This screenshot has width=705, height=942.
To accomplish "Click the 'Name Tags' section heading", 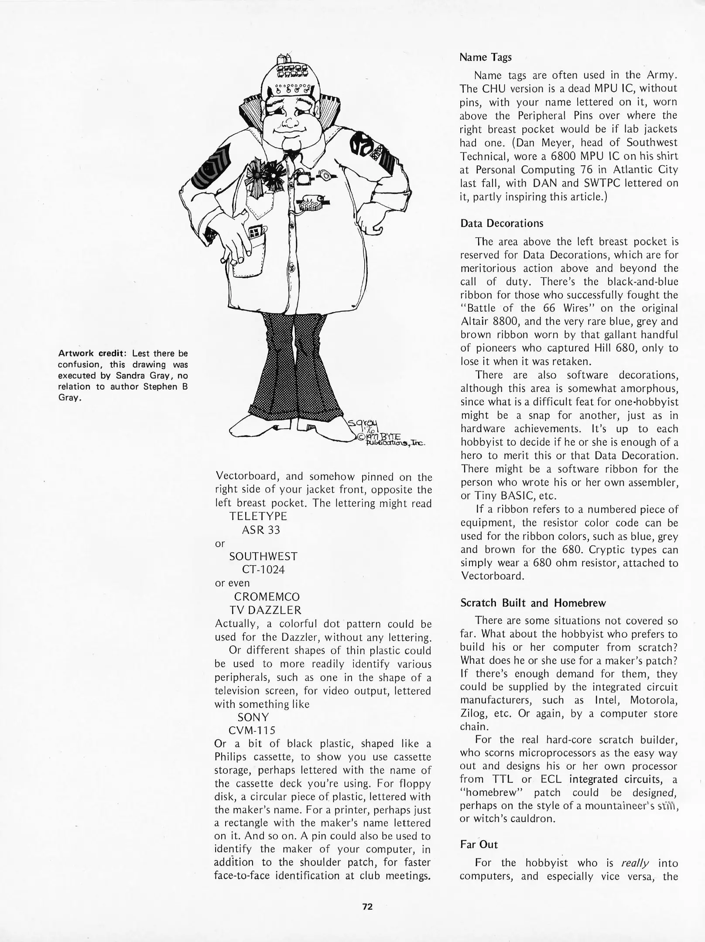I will click(486, 57).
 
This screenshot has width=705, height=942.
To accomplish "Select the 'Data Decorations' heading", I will click(502, 223).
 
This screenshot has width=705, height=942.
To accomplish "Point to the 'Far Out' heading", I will click(479, 844).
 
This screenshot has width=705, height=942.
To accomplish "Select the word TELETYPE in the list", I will click(258, 516).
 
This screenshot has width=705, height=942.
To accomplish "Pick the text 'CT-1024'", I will click(263, 570).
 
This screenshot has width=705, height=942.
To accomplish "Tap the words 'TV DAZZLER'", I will click(264, 610).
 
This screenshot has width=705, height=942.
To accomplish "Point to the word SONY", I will click(253, 717).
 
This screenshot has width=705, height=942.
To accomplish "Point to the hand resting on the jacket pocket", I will click(236, 244).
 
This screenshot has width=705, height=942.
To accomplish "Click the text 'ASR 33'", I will click(261, 530).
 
